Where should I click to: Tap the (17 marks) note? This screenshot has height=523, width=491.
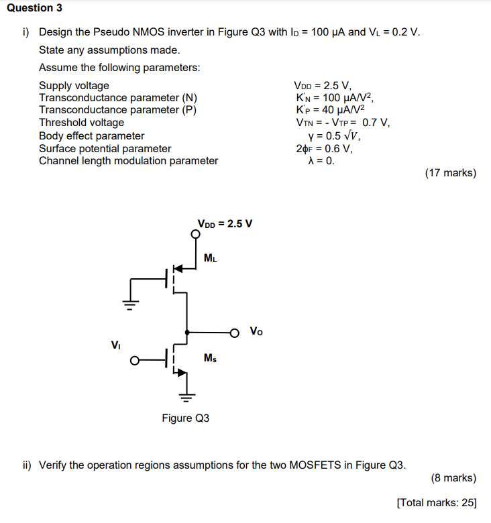pyautogui.click(x=450, y=173)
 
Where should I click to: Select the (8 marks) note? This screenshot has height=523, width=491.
pyautogui.click(x=453, y=478)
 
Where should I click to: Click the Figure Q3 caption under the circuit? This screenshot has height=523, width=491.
pyautogui.click(x=185, y=418)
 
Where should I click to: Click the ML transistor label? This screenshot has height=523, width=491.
pyautogui.click(x=210, y=257)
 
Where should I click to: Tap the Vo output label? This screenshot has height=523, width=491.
pyautogui.click(x=256, y=331)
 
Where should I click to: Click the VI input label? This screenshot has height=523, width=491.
pyautogui.click(x=116, y=345)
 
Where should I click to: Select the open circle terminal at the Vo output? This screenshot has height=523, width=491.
pyautogui.click(x=234, y=332)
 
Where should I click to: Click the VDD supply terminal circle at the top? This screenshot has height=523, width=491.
pyautogui.click(x=195, y=235)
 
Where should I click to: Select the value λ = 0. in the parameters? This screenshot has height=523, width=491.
pyautogui.click(x=320, y=161)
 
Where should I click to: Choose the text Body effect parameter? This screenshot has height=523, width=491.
pyautogui.click(x=91, y=136)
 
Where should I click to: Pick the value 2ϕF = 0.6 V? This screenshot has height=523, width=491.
pyautogui.click(x=323, y=148)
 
